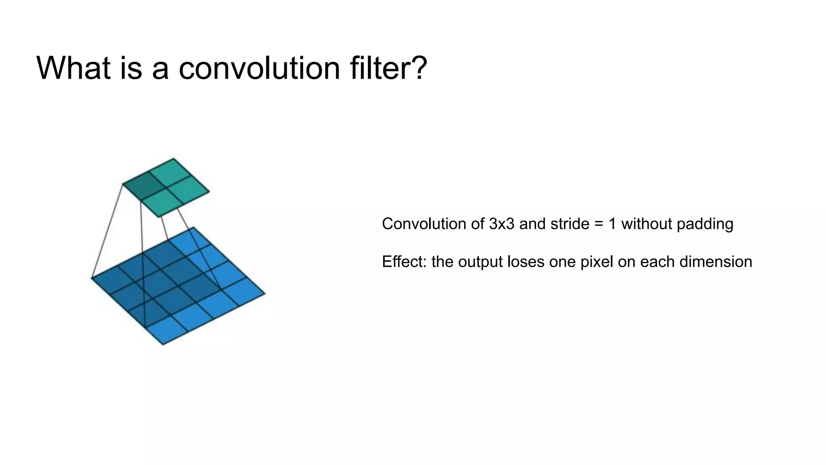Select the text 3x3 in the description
tap(502, 224)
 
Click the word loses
tap(522, 262)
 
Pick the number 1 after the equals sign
tap(612, 224)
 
